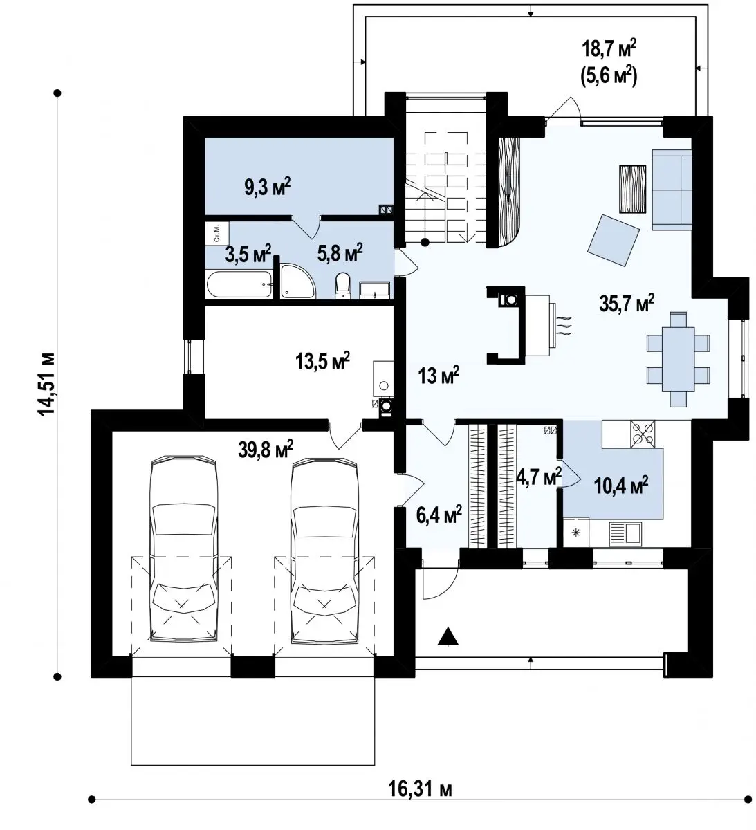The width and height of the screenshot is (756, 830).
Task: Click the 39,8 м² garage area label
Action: click(266, 449)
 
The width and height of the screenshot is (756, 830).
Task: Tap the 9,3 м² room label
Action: click(267, 186)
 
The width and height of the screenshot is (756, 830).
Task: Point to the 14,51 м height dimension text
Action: click(46, 384)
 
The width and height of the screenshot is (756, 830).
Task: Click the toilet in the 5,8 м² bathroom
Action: click(342, 285)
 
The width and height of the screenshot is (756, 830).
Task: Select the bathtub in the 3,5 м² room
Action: click(239, 284)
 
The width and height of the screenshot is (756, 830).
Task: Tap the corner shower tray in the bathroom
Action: click(297, 281)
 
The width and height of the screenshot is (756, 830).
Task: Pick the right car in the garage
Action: click(324, 551)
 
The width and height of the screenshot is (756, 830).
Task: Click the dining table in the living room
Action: click(679, 359)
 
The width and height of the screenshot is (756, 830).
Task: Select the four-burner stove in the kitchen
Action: click(643, 434)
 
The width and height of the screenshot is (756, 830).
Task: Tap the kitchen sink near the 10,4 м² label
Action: click(625, 533)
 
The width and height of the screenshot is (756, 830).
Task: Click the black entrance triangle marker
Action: click(448, 636)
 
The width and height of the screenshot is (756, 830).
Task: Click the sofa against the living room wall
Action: click(672, 190)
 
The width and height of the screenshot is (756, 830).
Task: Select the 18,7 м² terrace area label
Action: click(609, 50)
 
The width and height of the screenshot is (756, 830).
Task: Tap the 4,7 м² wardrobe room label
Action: click(539, 477)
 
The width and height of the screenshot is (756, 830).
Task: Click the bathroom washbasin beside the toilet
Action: click(374, 290)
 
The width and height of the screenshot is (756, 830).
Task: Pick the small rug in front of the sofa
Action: click(632, 189)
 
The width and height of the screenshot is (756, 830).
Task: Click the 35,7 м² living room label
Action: click(627, 304)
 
